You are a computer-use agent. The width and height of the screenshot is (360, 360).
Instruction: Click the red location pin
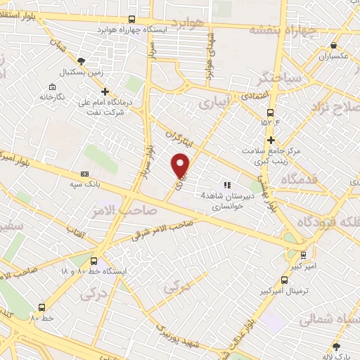[181, 165]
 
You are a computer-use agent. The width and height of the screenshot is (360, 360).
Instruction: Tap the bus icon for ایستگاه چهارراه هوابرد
[132, 20]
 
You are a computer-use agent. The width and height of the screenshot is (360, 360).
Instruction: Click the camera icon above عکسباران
[333, 44]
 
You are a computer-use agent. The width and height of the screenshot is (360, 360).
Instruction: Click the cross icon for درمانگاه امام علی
[105, 91]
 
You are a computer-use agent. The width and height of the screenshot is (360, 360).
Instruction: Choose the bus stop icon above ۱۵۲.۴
[271, 112]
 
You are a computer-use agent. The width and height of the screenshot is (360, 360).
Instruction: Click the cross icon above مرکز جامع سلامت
[271, 140]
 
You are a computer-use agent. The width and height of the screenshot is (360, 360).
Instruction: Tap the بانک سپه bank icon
[85, 174]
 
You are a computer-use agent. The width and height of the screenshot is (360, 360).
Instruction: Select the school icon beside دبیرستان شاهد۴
[227, 185]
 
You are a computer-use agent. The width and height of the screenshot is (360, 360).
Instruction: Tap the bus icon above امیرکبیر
[303, 255]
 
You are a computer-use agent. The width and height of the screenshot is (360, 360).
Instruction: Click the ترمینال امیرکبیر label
[302, 290]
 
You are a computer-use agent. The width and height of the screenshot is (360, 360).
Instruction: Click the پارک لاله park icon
[336, 346]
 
